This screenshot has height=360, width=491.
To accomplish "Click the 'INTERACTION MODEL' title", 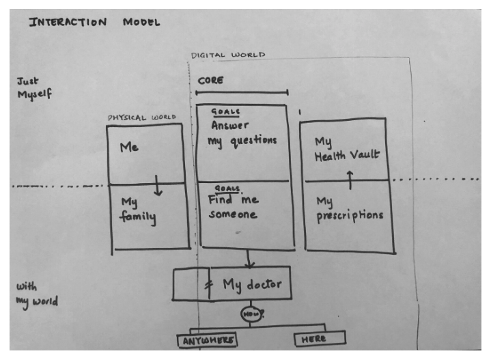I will (94, 22).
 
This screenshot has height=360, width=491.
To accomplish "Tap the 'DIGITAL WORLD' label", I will (228, 55).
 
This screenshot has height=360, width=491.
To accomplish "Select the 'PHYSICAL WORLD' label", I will (141, 117).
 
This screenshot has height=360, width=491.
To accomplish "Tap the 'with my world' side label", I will (36, 294).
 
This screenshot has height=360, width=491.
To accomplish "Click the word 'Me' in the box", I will (130, 147).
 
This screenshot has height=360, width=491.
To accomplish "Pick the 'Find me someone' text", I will (234, 206).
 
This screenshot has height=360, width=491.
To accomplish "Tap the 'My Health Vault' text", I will (346, 148).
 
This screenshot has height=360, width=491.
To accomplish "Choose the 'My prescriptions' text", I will (349, 208).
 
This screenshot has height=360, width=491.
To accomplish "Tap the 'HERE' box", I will (320, 339).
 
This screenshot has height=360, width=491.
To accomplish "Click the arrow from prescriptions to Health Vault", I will (350, 180).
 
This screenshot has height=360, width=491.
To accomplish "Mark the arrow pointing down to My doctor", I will (249, 259).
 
